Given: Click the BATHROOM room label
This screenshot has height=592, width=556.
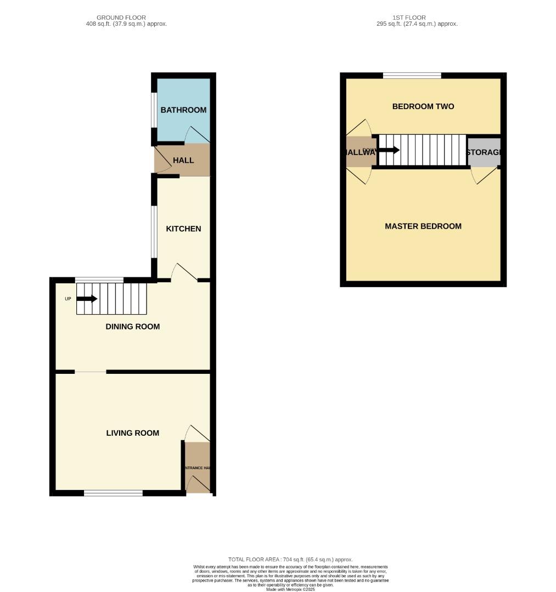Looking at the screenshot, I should click(x=183, y=110).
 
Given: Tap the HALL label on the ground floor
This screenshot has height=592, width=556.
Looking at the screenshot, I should click(x=183, y=160).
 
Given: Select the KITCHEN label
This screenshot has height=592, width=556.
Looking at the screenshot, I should click(x=183, y=229).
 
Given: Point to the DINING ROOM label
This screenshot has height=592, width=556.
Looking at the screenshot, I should click(x=133, y=327).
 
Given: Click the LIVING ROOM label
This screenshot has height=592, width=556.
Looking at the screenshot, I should click(x=133, y=433).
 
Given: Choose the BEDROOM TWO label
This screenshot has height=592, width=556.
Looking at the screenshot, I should click(x=423, y=106).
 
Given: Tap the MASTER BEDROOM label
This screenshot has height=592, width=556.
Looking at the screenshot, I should click(x=423, y=226).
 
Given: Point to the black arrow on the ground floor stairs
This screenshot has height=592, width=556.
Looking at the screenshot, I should click(x=87, y=299).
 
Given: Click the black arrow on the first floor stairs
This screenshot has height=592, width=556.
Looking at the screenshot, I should click(x=389, y=150).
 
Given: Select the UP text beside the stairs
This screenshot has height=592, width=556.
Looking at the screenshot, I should click(x=68, y=299).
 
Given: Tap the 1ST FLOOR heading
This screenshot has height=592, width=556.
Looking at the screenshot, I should click(x=409, y=18).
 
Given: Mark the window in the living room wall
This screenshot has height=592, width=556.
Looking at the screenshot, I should click(x=114, y=493).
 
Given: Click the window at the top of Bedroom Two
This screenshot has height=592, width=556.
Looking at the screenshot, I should click(x=412, y=76).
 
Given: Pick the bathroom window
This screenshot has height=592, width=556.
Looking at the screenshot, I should click(x=154, y=110).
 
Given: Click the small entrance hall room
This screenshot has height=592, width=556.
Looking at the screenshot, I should click(x=198, y=467).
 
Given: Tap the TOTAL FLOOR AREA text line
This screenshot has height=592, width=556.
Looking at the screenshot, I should click(x=290, y=560).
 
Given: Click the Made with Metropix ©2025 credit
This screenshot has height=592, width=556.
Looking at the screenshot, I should click(x=290, y=589).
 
